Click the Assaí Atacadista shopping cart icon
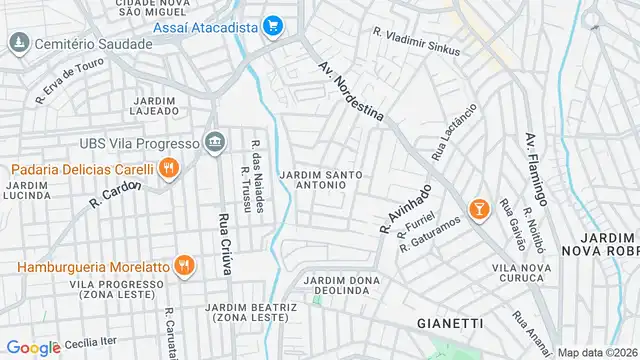click(x=272, y=27)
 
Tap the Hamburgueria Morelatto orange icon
click(x=183, y=265)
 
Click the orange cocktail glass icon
click(x=479, y=209)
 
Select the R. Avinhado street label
click(x=405, y=208)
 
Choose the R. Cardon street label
click(x=114, y=194)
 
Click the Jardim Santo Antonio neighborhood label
click(x=321, y=180)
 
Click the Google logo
click(x=34, y=347)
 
